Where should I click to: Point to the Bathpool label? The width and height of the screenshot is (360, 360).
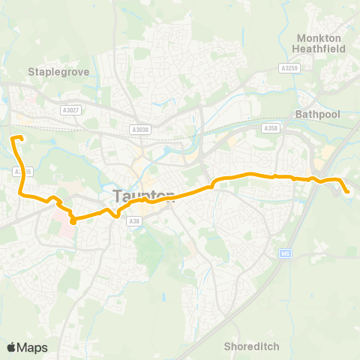click(318, 115)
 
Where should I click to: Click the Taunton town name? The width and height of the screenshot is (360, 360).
click(144, 196)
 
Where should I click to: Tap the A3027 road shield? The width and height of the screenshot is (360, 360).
click(71, 110)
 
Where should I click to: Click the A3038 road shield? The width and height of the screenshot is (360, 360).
click(140, 129)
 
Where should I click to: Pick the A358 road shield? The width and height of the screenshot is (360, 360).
click(271, 129)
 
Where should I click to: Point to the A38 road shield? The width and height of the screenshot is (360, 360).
click(134, 220)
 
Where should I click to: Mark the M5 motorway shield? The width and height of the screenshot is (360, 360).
click(285, 252)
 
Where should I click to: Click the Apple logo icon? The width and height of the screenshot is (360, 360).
click(11, 346)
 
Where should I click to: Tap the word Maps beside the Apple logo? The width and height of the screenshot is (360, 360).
click(33, 347)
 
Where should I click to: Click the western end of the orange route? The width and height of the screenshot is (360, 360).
click(12, 136)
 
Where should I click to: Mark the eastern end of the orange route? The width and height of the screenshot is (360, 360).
click(349, 192)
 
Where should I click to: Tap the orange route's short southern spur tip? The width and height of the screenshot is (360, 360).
click(73, 222)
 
